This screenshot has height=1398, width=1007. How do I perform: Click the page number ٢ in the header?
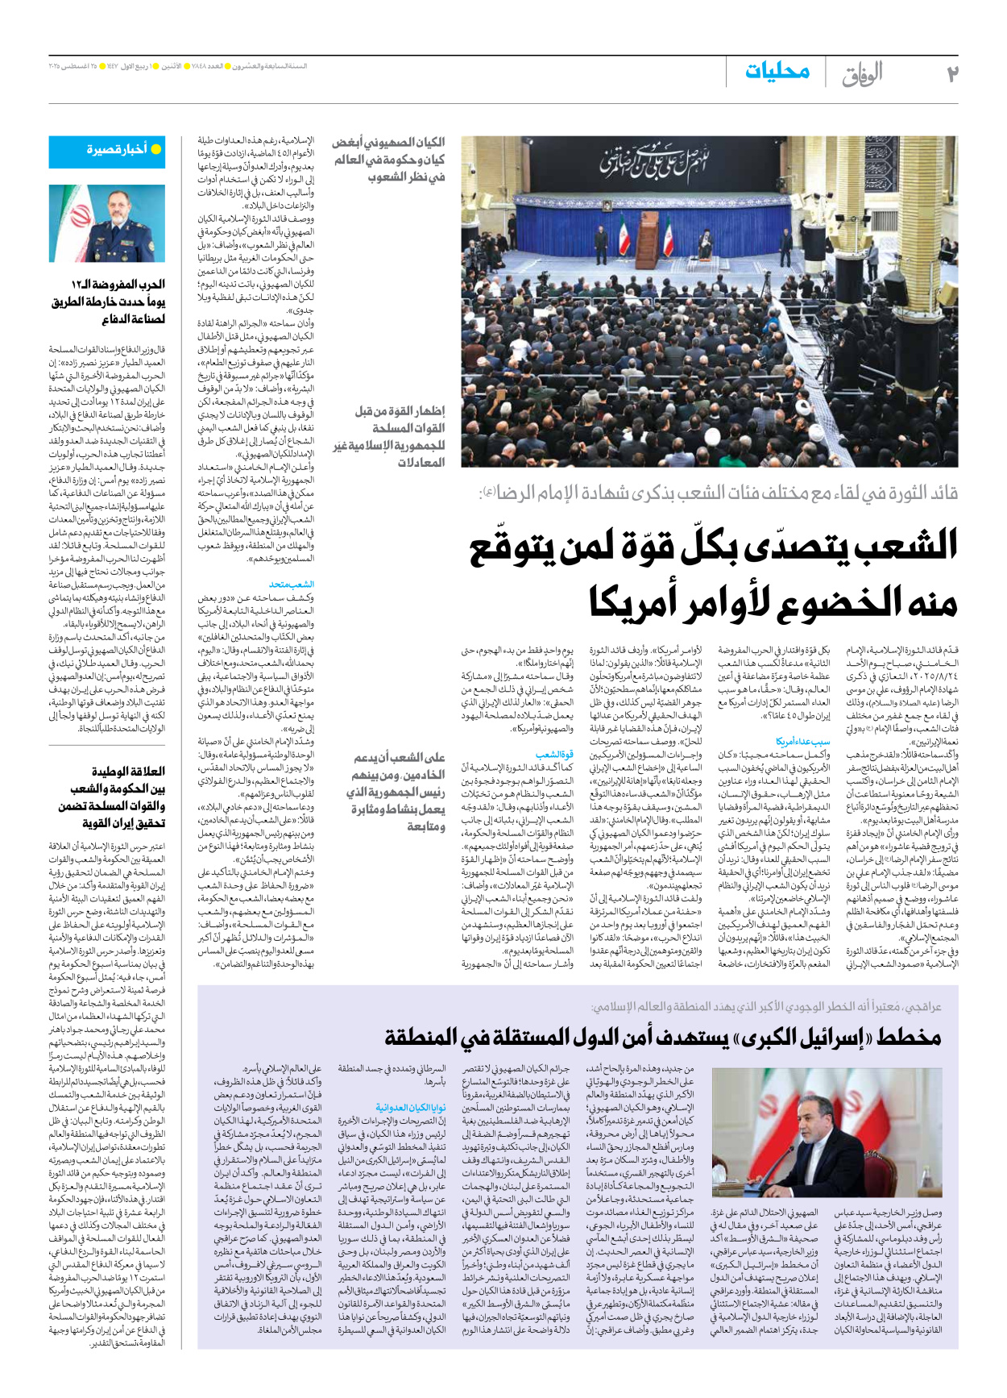[x=952, y=73]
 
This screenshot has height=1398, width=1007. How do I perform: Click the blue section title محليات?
[x=777, y=71]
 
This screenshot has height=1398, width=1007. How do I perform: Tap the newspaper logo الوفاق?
[x=862, y=74]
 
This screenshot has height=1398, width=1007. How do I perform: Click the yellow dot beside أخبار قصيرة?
[x=156, y=149]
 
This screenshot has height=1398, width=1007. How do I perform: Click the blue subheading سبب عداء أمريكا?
[x=802, y=741]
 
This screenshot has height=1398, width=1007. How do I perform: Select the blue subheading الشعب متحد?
[x=291, y=585]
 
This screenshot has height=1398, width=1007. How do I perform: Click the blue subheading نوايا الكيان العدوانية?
[x=411, y=1108]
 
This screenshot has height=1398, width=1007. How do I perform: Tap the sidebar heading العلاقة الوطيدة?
[x=128, y=772]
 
